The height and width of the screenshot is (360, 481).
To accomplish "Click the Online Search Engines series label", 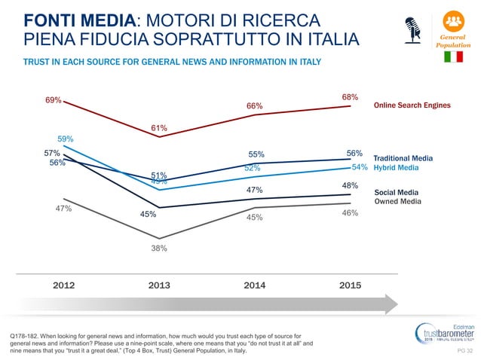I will pos(412,105).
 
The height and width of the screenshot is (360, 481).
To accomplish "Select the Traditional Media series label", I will pos(403,158).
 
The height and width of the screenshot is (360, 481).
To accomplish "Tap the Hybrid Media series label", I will pos(397,168).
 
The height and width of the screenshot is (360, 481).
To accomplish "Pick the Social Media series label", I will pos(397,192).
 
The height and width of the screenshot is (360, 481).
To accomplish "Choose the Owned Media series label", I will pos(397,201).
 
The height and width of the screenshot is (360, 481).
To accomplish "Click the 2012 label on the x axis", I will pos(63,285).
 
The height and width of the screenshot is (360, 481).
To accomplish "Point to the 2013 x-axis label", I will pos(158,285).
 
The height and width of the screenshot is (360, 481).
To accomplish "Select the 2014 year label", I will pos(254,285).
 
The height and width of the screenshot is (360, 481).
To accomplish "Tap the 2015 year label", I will pos(350,285).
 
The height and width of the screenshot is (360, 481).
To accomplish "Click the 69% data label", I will pos(53,100).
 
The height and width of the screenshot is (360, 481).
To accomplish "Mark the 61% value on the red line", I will pos(158,128).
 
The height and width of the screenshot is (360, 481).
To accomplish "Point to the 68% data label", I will pos(350,97).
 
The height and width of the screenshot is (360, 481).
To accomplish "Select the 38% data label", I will pos(158,249).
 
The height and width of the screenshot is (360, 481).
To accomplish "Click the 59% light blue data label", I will pos(65,139).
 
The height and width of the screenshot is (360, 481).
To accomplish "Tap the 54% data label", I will pos(360,167).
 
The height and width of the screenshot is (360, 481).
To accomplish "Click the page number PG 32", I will pos(464,351).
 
